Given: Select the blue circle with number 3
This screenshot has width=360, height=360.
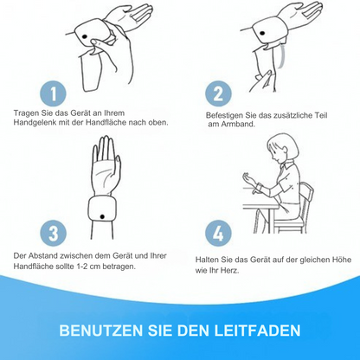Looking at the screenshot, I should point(55,234).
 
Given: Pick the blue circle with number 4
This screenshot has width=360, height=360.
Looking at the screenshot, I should point(218,234).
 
